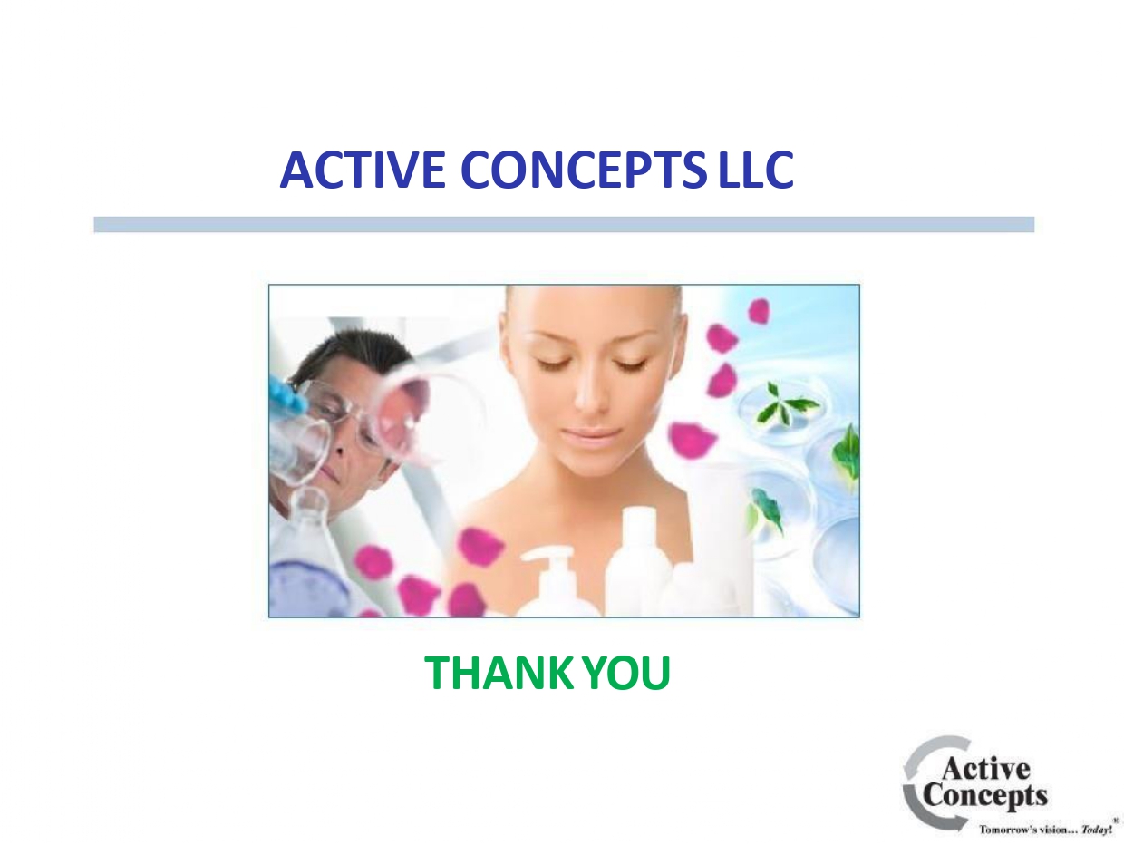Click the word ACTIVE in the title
pos(362,170)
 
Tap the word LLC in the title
pos(756,170)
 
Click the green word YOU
pos(626,673)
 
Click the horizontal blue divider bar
pos(563,224)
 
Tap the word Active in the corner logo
pos(984,770)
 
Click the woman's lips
pos(589,434)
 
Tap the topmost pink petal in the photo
pos(759,311)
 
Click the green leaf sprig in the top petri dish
pos(781,404)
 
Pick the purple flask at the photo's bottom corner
pos(305,589)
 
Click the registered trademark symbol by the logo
pos(1115,820)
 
